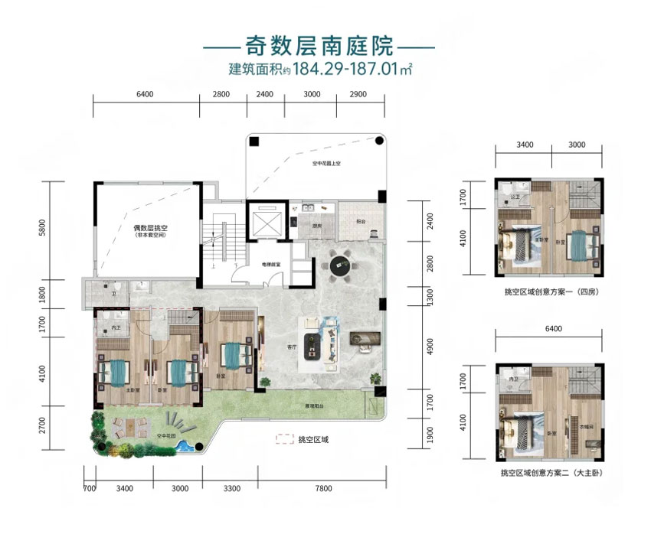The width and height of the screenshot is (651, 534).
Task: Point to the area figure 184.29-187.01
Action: pyautogui.click(x=344, y=70)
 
